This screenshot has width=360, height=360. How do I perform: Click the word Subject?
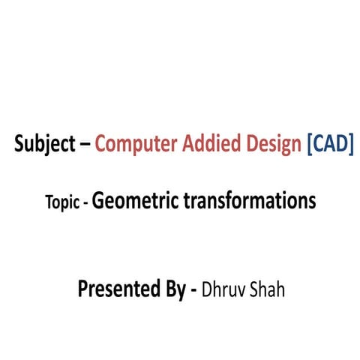[43, 145]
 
